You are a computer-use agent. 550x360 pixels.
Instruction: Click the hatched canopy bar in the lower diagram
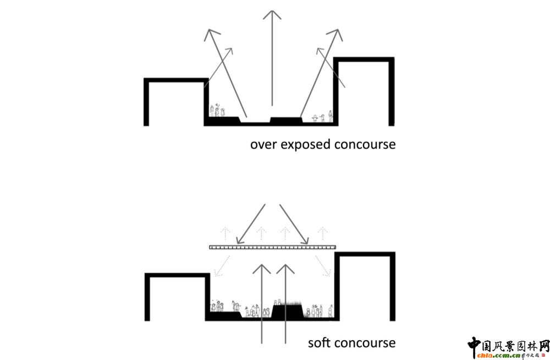tap(272, 248)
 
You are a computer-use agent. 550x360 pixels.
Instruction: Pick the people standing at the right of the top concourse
tap(322, 117)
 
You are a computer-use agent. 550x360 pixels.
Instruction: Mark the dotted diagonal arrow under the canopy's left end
tap(219, 266)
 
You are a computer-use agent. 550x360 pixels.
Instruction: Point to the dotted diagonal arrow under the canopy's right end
tap(325, 266)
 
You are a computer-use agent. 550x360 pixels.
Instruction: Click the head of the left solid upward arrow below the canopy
tap(262, 269)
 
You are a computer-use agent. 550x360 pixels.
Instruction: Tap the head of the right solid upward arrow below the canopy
tap(285, 269)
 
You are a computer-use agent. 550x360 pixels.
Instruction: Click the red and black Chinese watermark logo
tap(508, 348)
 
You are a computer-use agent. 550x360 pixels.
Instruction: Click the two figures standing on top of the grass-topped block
tap(279, 302)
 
